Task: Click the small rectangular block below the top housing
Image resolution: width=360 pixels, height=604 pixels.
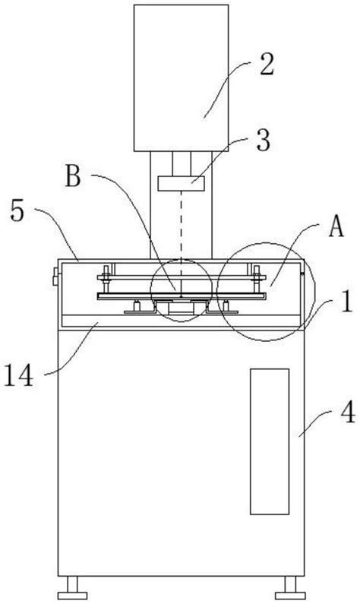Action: pyautogui.click(x=182, y=183)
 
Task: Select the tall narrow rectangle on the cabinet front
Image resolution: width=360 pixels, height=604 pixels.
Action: pyautogui.click(x=269, y=441)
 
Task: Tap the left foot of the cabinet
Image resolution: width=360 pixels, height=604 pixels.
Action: pyautogui.click(x=74, y=587)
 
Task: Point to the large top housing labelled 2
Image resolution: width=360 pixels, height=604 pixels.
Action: pyautogui.click(x=182, y=76)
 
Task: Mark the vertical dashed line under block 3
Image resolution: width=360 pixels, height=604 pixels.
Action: pyautogui.click(x=182, y=228)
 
